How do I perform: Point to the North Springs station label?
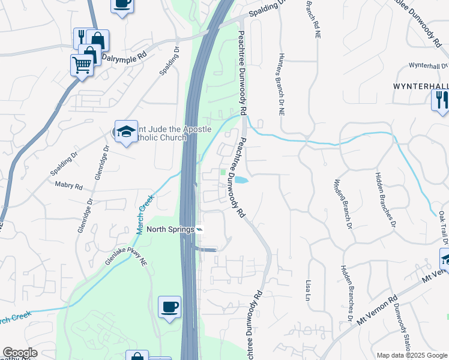tap(170, 229)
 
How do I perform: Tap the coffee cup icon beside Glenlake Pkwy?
tap(169, 308)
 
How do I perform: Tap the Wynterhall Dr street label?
tap(428, 65)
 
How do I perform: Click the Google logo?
tap(20, 353)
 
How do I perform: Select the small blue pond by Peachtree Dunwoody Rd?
tap(240, 180)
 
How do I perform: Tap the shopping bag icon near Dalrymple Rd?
tap(97, 41)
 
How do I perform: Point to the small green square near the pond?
tap(224, 173)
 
